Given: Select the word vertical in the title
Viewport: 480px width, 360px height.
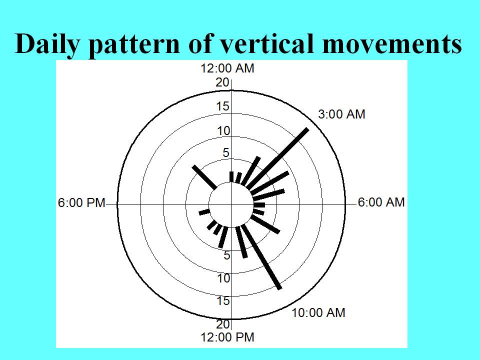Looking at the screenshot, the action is [267, 43].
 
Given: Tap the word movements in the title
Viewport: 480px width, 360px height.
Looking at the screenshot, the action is [392, 44].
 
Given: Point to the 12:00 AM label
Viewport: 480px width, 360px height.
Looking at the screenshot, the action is [227, 68].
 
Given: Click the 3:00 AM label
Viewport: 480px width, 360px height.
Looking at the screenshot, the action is [341, 114].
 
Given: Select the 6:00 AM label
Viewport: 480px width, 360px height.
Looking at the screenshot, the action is [381, 202].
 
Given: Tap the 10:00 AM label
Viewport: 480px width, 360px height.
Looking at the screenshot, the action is [318, 313].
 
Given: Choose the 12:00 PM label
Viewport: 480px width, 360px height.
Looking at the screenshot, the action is [227, 337].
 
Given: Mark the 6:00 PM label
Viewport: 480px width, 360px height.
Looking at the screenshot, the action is [81, 203].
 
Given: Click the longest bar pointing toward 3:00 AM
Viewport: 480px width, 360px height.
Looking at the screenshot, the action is [277, 159].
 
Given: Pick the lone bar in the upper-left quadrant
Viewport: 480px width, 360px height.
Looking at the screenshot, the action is [204, 177].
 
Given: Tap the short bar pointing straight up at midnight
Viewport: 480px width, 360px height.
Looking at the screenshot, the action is [231, 177].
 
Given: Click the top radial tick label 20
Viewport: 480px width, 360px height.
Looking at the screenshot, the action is [222, 82].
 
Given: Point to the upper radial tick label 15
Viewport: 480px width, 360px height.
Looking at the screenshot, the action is [222, 106].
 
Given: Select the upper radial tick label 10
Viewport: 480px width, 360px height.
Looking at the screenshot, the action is [223, 131].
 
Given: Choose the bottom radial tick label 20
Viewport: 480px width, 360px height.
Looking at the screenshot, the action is [222, 324].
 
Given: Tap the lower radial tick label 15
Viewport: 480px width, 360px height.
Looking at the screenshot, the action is [223, 301].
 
